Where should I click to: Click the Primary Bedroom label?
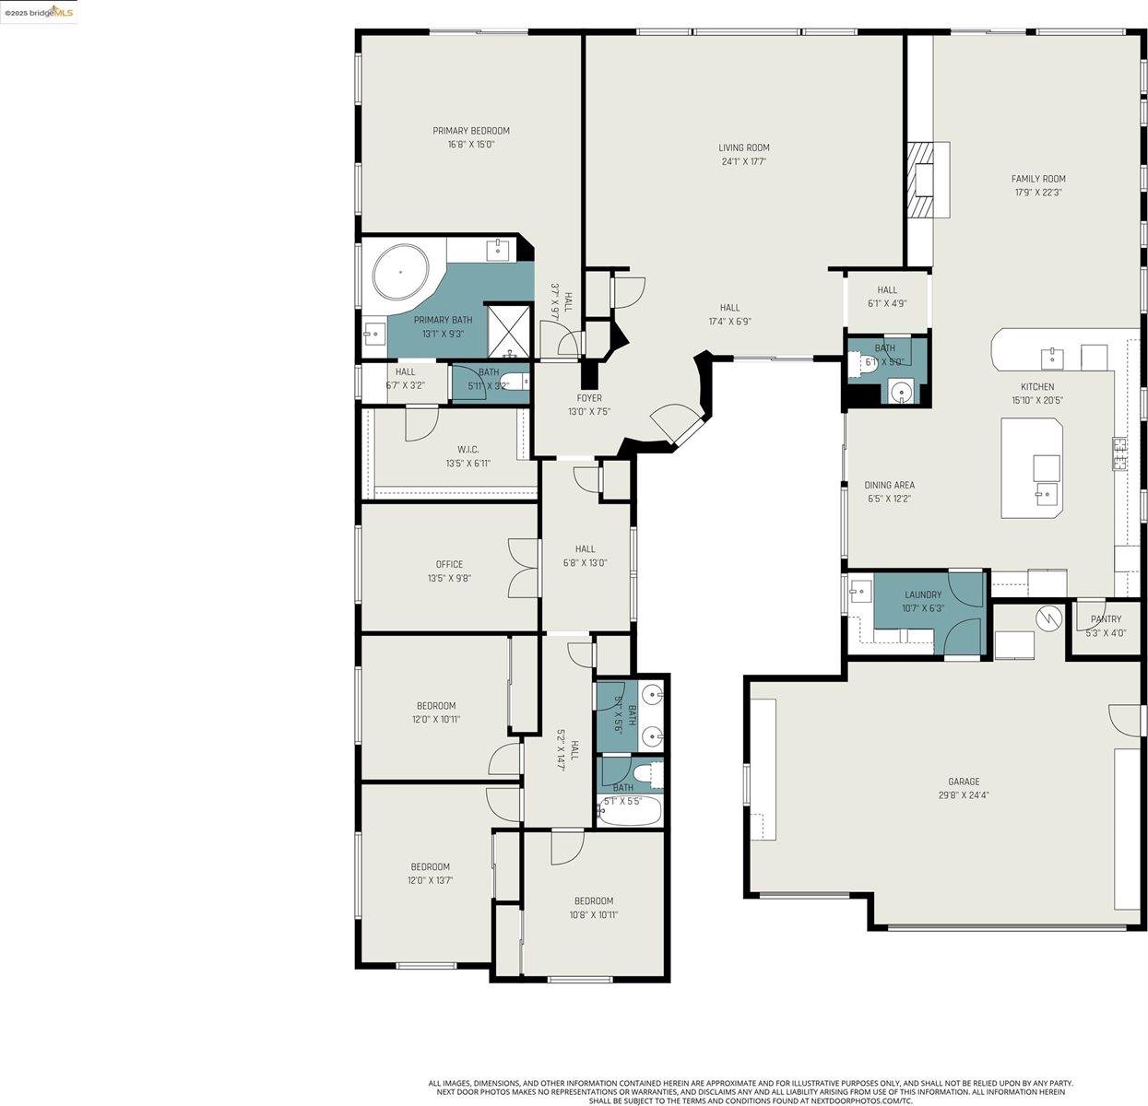[471, 131]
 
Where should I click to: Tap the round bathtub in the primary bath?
[401, 273]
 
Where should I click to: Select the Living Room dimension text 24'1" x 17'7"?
[744, 161]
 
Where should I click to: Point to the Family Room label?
[1038, 179]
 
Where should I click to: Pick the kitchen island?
[1033, 467]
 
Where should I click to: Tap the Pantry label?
[1106, 619]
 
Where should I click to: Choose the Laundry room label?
[923, 594]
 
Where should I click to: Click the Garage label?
[964, 782]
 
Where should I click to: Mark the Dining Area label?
[889, 485]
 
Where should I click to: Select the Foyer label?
[589, 398]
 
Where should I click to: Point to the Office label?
[449, 564]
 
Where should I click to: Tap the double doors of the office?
[523, 565]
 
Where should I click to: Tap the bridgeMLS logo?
[39, 12]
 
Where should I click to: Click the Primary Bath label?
[443, 320]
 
